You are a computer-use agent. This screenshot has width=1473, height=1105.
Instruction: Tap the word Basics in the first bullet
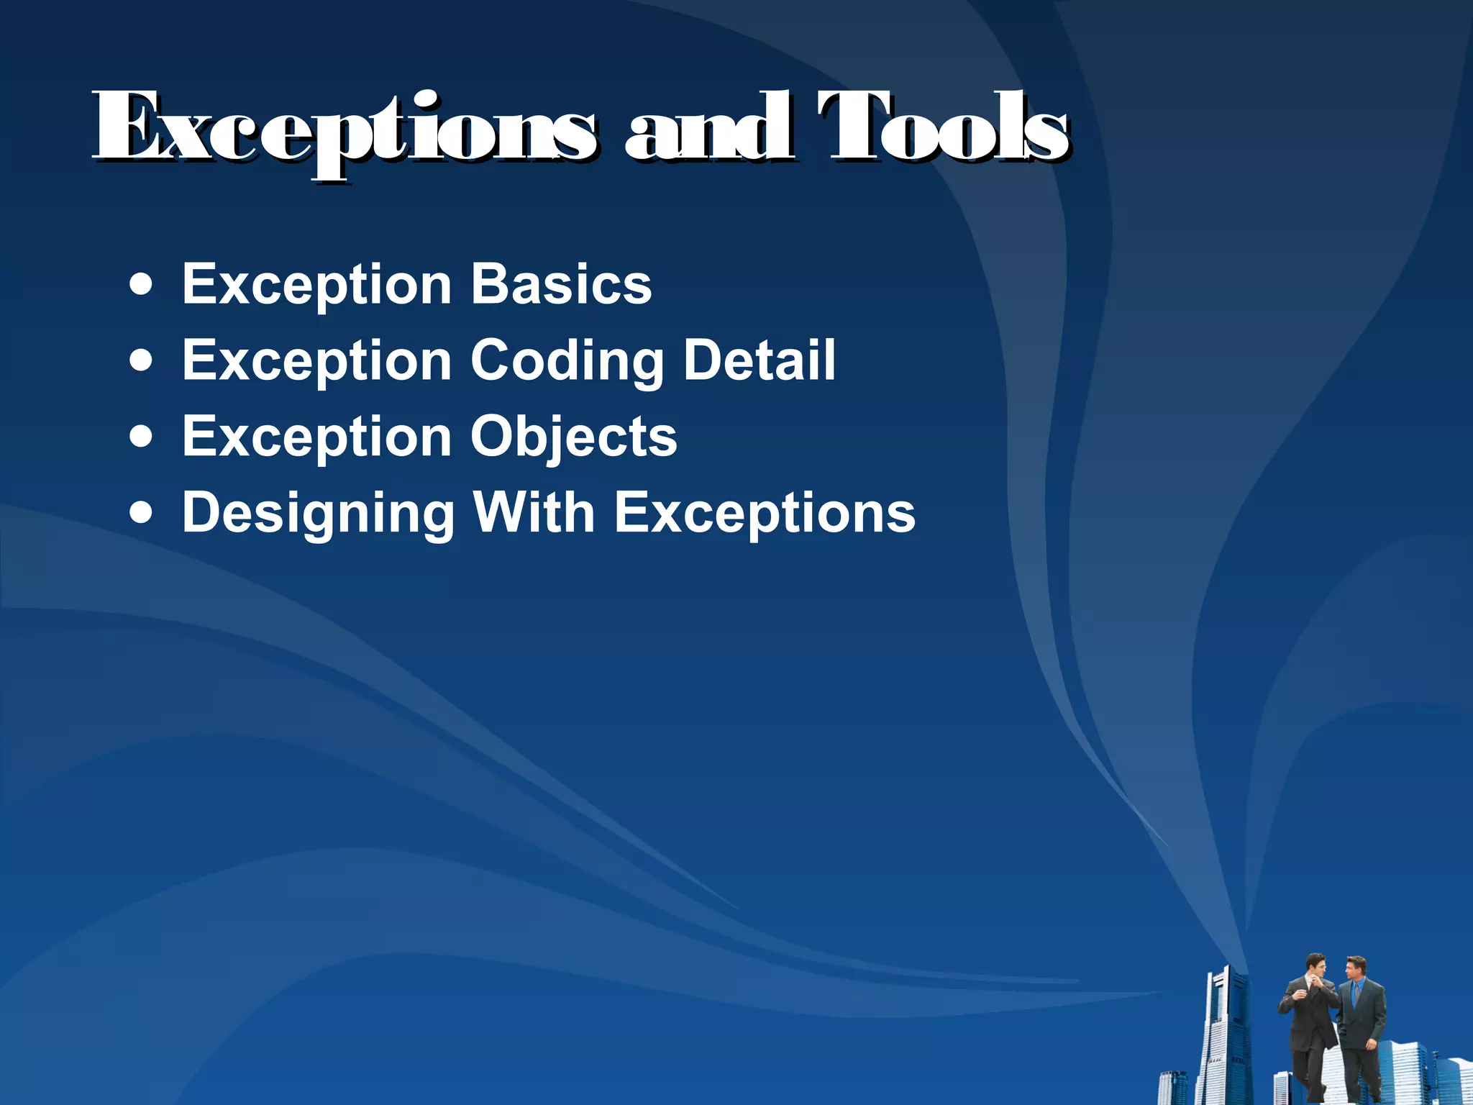point(561,284)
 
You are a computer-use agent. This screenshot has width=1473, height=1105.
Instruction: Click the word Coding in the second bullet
point(567,361)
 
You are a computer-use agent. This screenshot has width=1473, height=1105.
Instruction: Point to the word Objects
point(573,437)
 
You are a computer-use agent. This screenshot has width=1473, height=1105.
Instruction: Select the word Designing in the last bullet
point(319,514)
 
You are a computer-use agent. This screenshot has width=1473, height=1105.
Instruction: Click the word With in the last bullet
point(533,512)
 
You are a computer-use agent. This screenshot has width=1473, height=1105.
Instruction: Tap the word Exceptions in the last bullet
point(765,514)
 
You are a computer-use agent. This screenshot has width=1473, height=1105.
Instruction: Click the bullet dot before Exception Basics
point(142,285)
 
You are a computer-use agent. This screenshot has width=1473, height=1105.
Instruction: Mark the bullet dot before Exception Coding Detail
point(142,360)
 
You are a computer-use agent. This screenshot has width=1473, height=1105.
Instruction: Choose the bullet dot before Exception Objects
point(142,437)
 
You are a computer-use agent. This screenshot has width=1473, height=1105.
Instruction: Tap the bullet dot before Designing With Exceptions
point(142,513)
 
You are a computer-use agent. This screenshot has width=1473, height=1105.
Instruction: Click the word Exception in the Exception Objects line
point(316,437)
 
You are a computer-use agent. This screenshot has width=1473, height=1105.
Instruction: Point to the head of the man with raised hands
point(1315,965)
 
